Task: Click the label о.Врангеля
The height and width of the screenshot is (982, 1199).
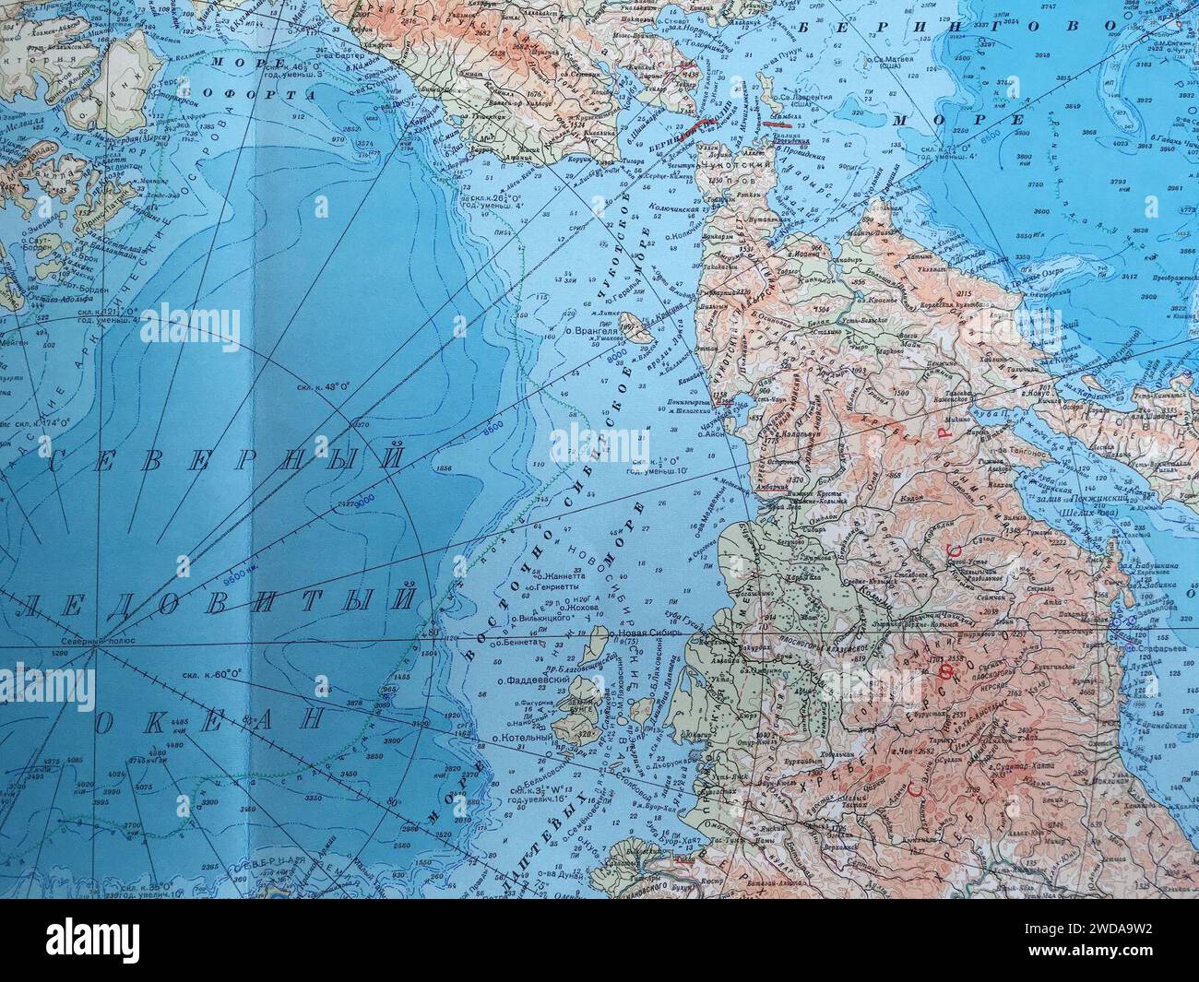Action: click(x=589, y=329)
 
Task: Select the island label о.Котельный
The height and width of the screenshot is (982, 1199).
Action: click(x=522, y=738)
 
